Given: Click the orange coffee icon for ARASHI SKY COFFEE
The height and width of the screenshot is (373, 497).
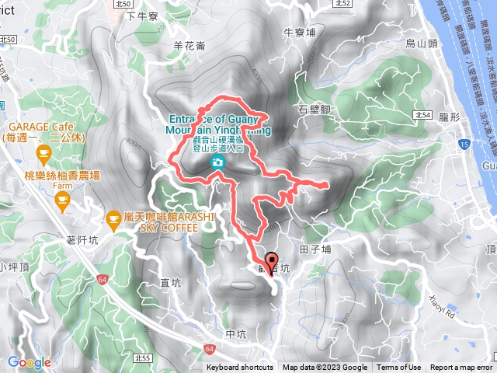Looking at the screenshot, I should point(114,218).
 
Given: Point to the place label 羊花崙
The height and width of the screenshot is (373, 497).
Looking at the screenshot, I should point(189,46).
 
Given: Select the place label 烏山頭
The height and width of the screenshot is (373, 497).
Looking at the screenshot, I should point(421,44).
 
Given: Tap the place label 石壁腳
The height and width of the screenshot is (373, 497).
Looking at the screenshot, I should point(315,110).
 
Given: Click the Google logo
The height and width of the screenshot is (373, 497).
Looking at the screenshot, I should point(29,362).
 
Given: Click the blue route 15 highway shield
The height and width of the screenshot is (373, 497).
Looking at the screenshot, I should point(464,145).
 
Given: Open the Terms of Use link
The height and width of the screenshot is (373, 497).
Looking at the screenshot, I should point(399,368).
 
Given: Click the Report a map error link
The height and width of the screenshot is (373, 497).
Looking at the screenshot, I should point(461,368).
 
